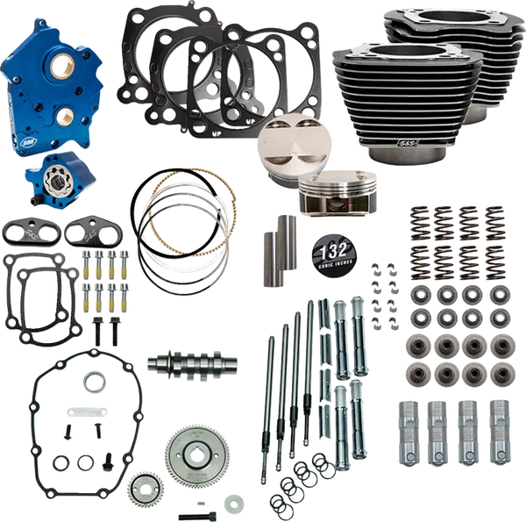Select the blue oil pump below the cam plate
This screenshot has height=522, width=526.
coord(56,154)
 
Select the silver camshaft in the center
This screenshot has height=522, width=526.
coord(181,361)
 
